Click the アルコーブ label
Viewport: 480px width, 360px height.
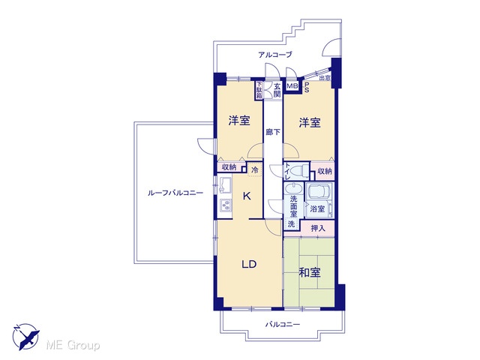click(275, 55)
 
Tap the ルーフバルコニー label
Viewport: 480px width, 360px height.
click(175, 193)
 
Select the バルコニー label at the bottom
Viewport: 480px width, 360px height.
click(283, 324)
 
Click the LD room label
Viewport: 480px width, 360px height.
click(249, 264)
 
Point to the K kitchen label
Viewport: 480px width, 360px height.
click(247, 196)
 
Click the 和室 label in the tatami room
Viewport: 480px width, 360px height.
click(310, 272)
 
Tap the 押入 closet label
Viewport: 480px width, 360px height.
click(318, 228)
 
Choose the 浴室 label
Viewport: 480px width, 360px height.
click(317, 209)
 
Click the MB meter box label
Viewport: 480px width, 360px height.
click(292, 86)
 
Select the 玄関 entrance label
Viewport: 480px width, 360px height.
click(277, 90)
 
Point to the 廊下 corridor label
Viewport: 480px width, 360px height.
click(273, 132)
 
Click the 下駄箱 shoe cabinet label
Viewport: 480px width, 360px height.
click(259, 90)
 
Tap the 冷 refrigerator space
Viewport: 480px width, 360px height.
click(255, 170)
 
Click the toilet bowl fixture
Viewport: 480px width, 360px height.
click(300, 170)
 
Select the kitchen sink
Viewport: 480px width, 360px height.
click(224, 185)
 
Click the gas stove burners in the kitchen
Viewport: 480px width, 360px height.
click(226, 205)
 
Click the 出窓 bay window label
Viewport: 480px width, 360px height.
click(325, 78)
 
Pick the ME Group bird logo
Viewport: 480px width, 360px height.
click(25, 337)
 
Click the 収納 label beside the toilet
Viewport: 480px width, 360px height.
click(325, 171)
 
